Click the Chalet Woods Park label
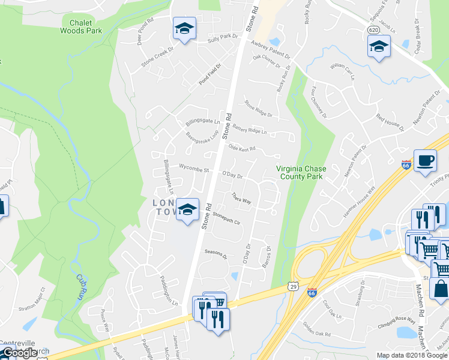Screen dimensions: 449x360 pyautogui.click(x=81, y=26)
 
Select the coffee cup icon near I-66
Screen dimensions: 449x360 pyautogui.click(x=425, y=161)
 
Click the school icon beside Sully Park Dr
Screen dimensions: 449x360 pyautogui.click(x=185, y=28)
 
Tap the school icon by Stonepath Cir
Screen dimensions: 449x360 pyautogui.click(x=187, y=209)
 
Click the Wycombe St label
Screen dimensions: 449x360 pyautogui.click(x=193, y=169)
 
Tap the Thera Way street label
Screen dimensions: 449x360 pyautogui.click(x=241, y=198)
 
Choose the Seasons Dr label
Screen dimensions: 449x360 pyautogui.click(x=216, y=254)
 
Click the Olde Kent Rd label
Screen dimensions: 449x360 pyautogui.click(x=241, y=148)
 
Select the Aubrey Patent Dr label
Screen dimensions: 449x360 pyautogui.click(x=271, y=53)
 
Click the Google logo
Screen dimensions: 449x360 pyautogui.click(x=19, y=353)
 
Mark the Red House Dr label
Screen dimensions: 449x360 pyautogui.click(x=390, y=119)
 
